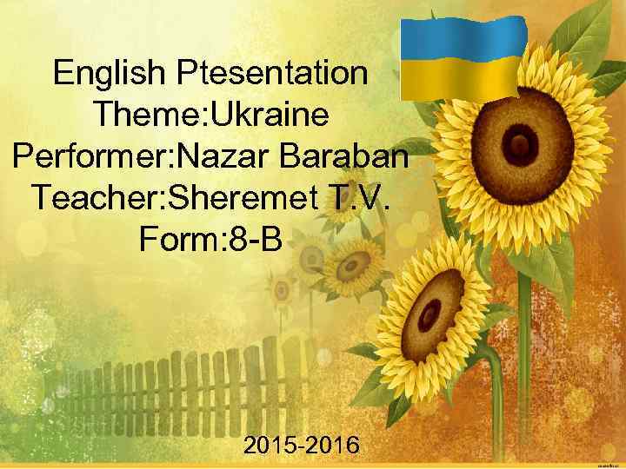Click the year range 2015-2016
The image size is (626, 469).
tap(302, 446)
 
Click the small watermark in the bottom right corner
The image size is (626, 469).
tap(610, 462)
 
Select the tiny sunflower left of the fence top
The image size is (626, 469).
tap(281, 291)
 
